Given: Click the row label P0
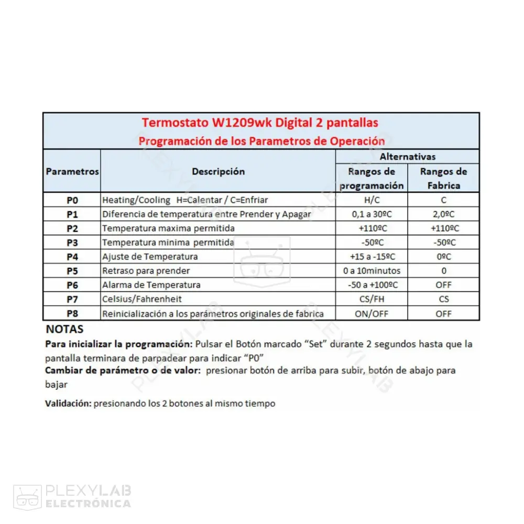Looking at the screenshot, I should click(72, 200).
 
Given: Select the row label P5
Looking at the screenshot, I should click(72, 271).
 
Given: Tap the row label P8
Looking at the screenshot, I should click(72, 313).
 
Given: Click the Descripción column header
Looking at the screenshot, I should click(218, 171).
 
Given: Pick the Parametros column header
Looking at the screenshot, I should click(72, 171).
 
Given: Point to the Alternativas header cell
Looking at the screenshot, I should click(407, 157).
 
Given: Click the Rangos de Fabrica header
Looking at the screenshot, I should click(443, 178).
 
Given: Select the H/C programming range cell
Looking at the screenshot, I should click(372, 200).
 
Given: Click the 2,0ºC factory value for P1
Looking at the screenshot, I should click(443, 214).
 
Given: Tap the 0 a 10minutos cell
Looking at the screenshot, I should click(372, 271).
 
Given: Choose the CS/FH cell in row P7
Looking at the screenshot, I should click(372, 299).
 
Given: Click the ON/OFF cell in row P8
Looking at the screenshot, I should click(372, 313).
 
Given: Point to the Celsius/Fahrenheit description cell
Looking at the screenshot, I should click(142, 299).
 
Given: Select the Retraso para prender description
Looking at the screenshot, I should click(146, 271).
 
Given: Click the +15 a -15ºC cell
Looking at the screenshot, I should click(372, 257).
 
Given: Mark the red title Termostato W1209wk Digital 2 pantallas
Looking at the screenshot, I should click(260, 123).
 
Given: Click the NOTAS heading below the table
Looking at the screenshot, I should click(64, 330).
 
